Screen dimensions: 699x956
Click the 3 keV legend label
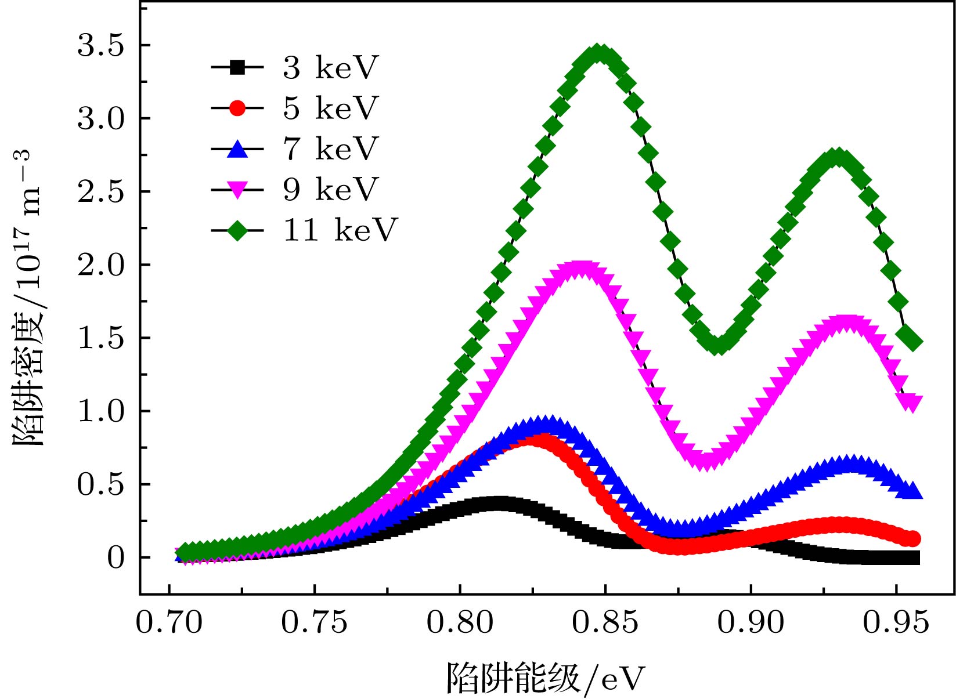(x=330, y=68)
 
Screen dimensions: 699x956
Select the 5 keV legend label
(x=330, y=108)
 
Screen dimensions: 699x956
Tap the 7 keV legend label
(x=330, y=149)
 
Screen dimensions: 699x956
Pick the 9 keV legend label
(x=330, y=190)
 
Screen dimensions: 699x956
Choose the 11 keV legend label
(x=340, y=230)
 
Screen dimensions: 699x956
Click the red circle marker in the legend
(x=237, y=108)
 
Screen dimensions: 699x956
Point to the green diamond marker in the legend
(x=237, y=231)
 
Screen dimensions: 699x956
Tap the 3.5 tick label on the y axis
(x=101, y=46)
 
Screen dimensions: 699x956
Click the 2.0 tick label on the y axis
(x=101, y=265)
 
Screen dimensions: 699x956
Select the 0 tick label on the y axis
(x=116, y=558)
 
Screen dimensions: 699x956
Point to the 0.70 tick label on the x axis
(x=169, y=623)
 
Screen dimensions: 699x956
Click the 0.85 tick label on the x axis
(x=605, y=623)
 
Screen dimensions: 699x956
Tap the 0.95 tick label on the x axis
(x=896, y=623)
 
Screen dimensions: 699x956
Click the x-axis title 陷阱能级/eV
(x=545, y=678)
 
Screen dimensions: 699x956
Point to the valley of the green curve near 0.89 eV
(x=719, y=345)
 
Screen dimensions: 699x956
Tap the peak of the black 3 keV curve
(x=496, y=503)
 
